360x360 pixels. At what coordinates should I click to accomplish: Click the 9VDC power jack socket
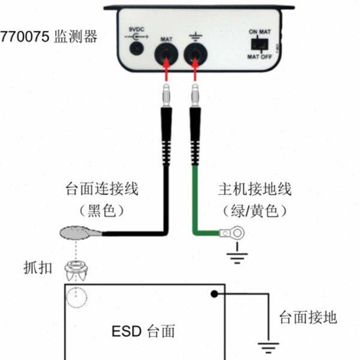[x=139, y=46]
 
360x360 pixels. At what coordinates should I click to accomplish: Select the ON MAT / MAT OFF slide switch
[x=260, y=44]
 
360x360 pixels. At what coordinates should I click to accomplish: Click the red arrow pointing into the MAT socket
[x=166, y=76]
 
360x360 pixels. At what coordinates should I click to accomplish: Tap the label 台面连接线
[x=102, y=190]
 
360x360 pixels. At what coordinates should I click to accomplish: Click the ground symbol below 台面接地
[x=268, y=347]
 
